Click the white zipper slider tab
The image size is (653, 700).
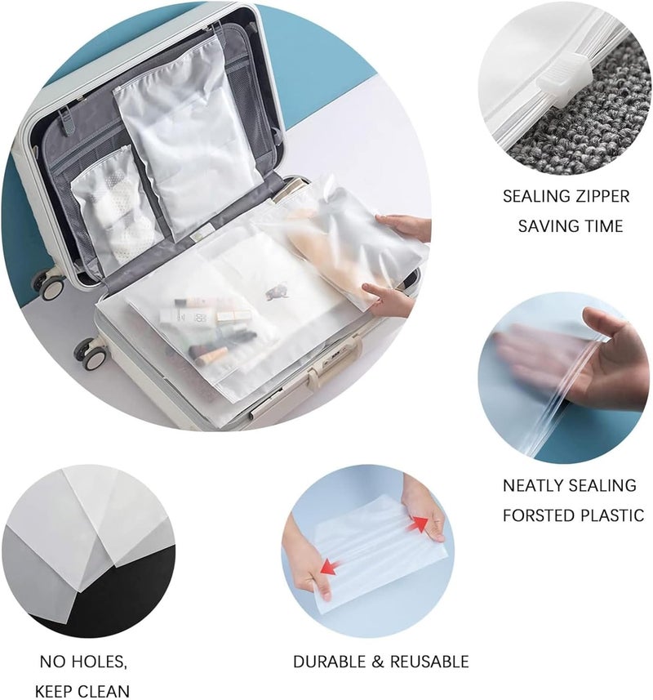tap(564, 79)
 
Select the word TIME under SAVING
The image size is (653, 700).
tap(601, 226)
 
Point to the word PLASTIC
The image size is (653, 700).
tap(611, 515)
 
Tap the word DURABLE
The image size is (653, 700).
tap(330, 662)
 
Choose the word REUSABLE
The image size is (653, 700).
tap(429, 662)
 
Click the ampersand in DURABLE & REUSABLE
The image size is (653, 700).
tap(379, 662)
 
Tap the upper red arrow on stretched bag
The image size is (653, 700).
tap(419, 524)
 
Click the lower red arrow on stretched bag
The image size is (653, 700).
tap(331, 567)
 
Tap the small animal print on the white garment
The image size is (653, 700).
tap(277, 292)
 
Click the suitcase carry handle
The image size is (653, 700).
tap(331, 361)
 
